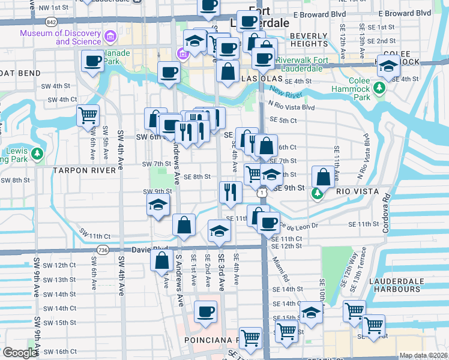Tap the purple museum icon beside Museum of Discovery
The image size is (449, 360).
pos(110,37)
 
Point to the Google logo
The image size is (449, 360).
pos(20,353)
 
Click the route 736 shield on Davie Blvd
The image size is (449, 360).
pos(103,250)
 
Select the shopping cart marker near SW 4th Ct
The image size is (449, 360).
pos(88,114)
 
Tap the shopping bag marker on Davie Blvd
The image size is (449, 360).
pos(162,261)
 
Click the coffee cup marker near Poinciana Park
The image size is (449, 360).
pos(206,312)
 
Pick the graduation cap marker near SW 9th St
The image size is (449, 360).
pos(158,205)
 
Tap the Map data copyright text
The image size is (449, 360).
pos(422,355)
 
